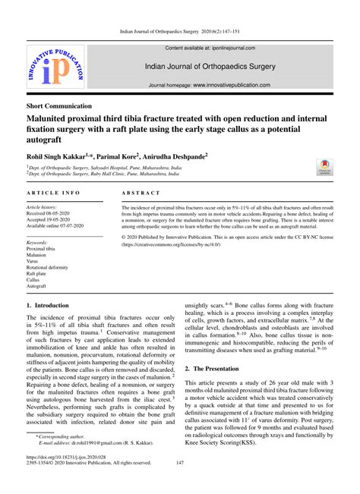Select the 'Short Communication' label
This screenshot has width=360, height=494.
coord(59,106)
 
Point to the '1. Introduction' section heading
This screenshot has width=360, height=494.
coord(48,305)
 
